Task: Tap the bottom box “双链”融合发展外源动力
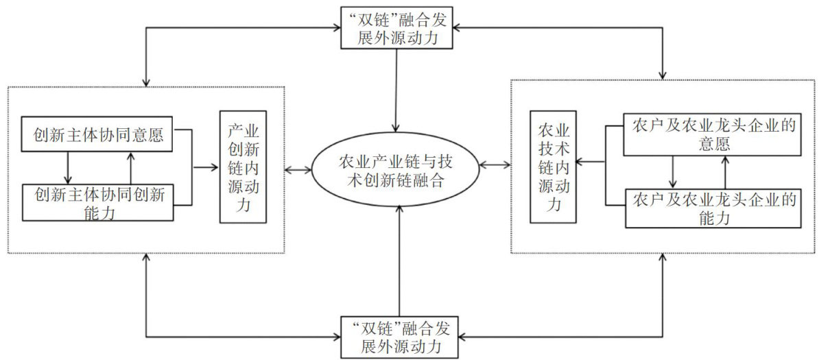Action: click(397, 334)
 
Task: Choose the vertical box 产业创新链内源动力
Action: click(243, 167)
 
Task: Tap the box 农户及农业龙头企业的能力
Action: click(713, 208)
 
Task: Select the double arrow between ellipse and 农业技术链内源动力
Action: click(495, 165)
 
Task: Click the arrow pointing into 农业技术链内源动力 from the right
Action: click(591, 163)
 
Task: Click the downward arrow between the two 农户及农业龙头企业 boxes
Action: click(673, 171)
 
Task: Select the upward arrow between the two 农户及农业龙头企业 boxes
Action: click(725, 171)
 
